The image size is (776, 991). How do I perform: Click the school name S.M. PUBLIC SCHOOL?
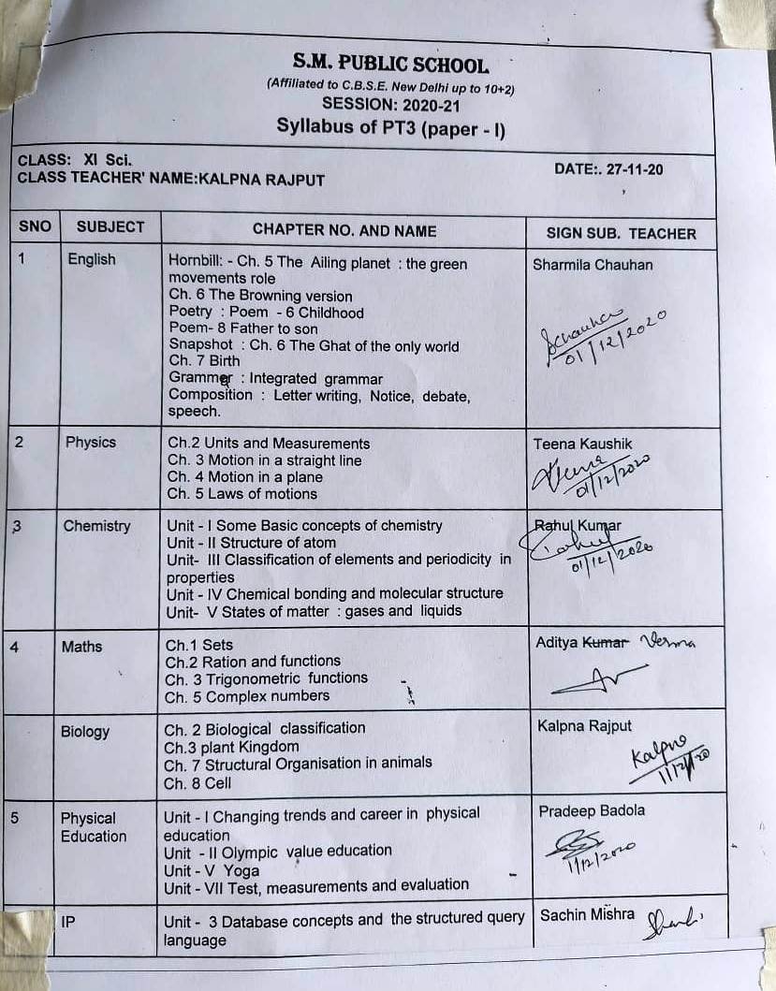pos(389,65)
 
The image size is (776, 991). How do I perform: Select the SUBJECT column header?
pos(110,227)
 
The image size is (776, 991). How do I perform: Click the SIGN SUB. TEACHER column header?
pos(621,233)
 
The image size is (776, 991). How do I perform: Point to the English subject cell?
pos(92,259)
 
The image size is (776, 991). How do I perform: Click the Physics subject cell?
pos(91,442)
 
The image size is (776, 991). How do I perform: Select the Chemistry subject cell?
pos(96,526)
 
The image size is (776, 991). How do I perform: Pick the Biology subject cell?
pos(85,732)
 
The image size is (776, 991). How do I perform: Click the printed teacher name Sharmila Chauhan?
pos(593,265)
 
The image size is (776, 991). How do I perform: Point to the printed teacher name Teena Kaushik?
pos(582,444)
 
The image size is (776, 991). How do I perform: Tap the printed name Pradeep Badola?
pos(592,811)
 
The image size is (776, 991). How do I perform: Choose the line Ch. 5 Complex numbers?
pos(247,696)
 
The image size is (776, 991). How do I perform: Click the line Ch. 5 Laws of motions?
pos(242,494)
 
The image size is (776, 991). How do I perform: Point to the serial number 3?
pos(18,526)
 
